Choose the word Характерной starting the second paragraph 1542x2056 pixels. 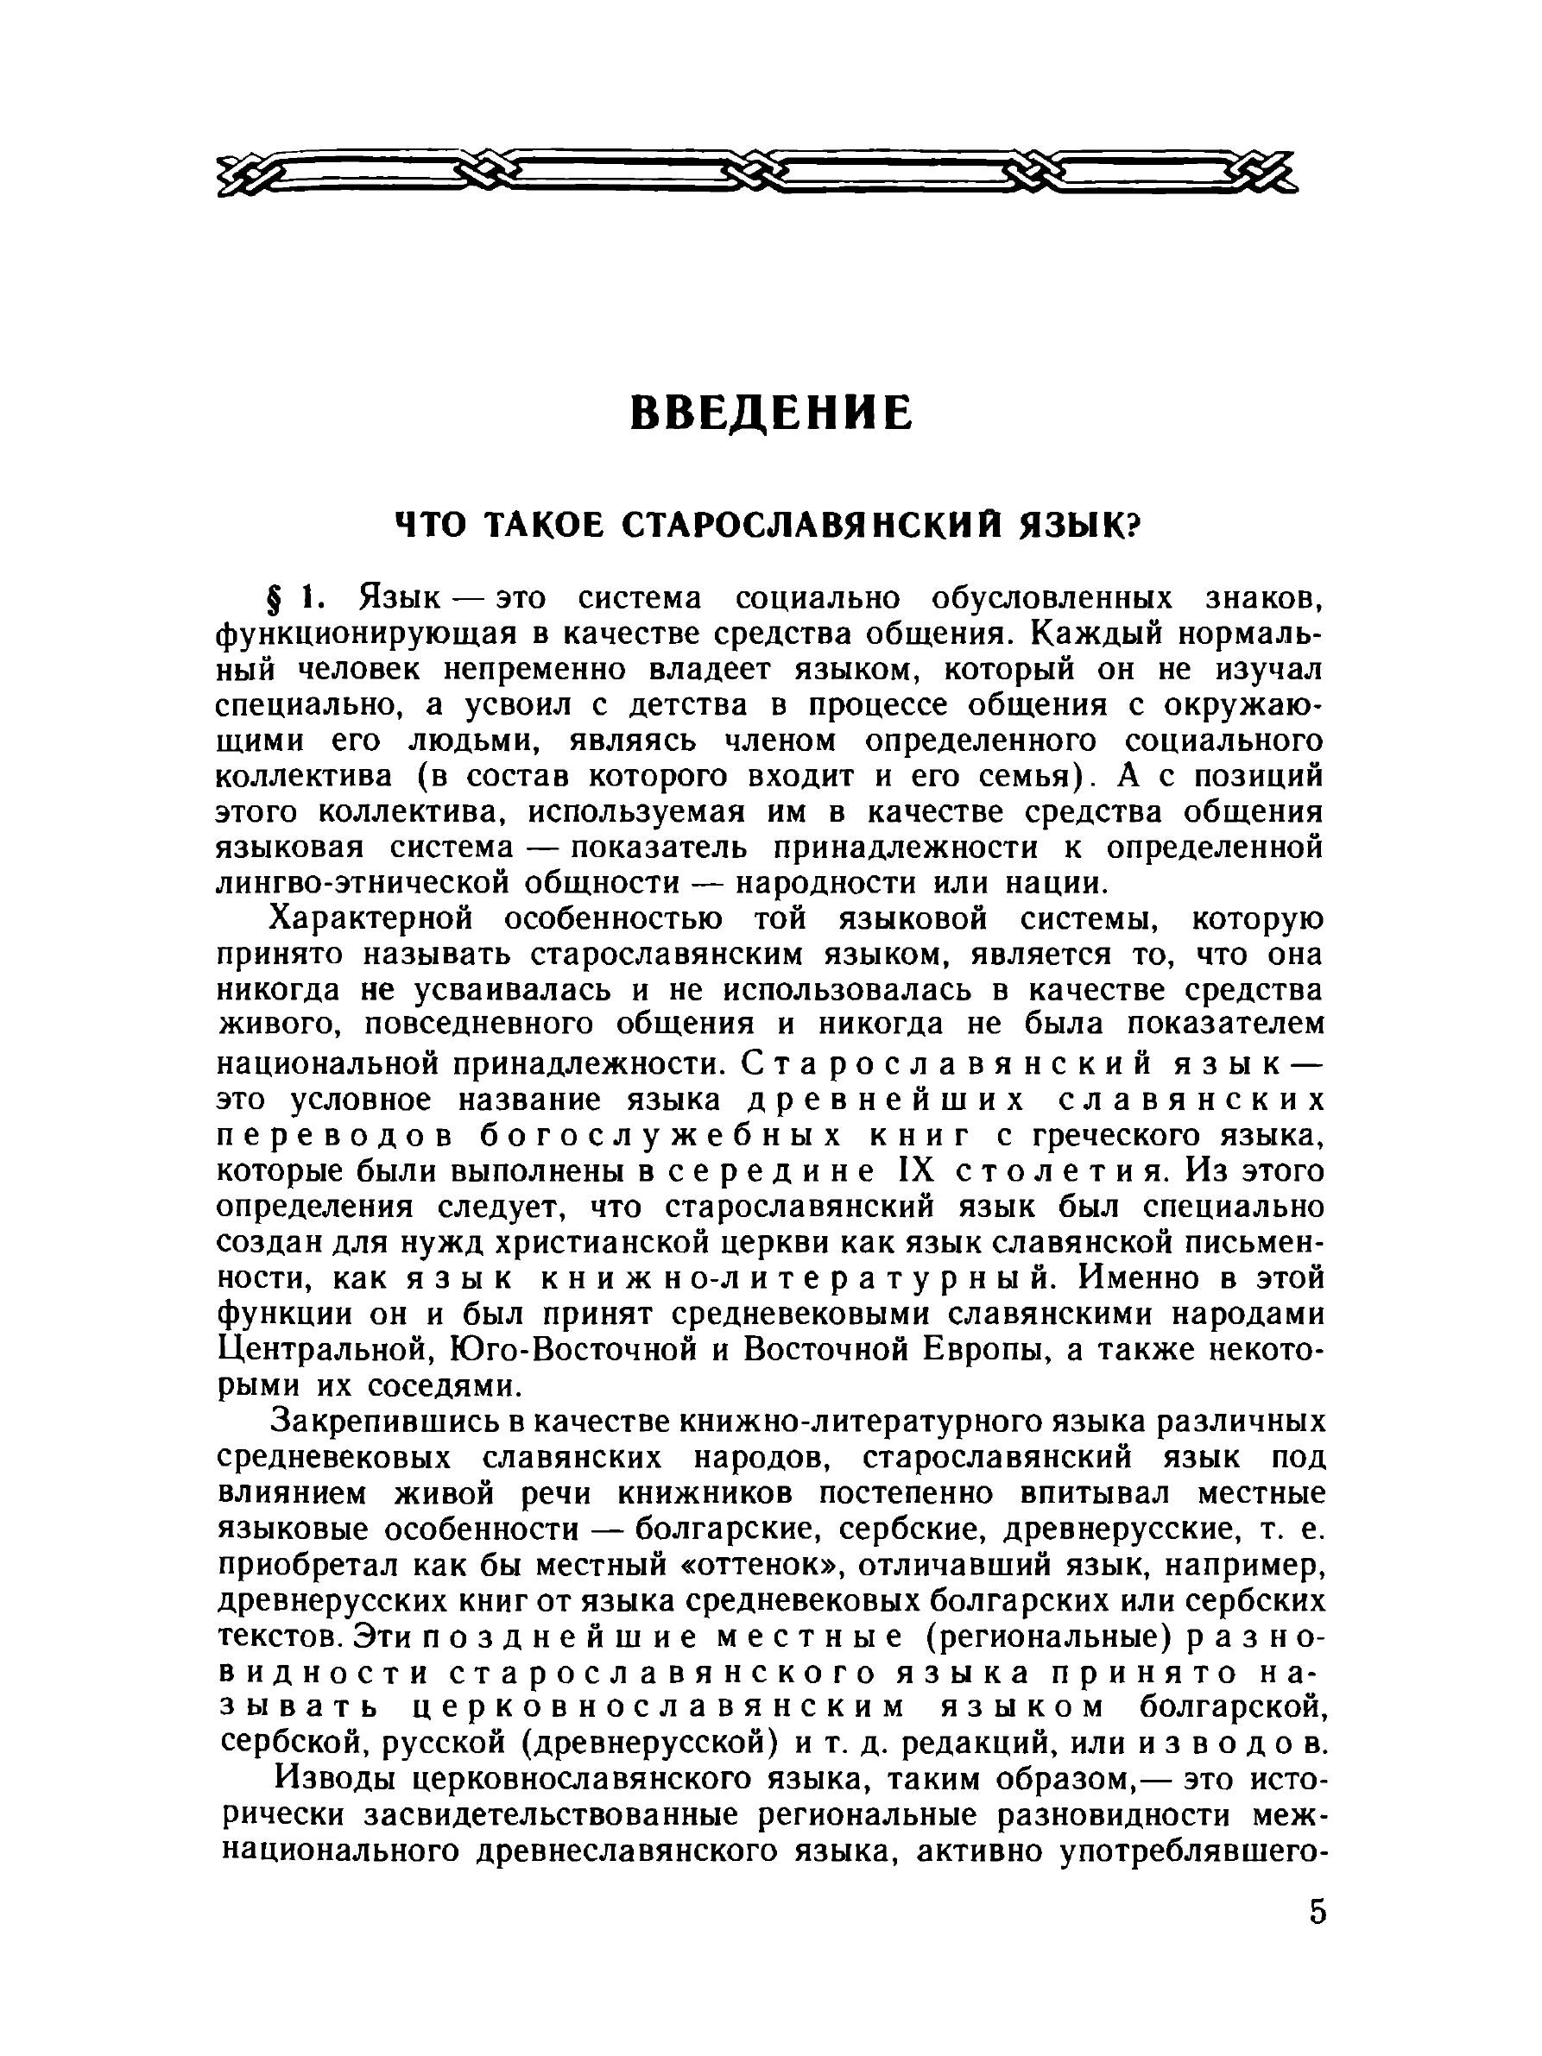(x=372, y=918)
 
